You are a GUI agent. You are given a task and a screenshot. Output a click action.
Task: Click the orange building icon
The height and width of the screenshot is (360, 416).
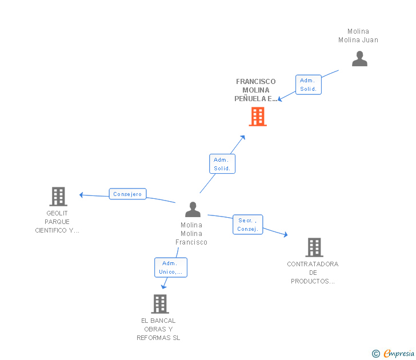click(258, 117)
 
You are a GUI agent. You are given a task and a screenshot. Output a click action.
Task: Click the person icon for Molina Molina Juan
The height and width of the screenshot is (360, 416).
click(359, 59)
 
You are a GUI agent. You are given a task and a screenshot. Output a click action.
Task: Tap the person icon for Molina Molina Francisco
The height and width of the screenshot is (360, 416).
click(193, 210)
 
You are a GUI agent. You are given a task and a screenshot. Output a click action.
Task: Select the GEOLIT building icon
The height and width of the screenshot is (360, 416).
click(58, 196)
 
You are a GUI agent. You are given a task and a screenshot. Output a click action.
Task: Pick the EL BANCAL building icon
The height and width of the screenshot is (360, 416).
click(160, 303)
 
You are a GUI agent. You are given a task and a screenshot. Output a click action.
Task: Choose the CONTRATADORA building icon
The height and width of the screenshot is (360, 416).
click(314, 247)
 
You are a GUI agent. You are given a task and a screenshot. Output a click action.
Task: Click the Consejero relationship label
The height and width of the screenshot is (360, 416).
click(127, 194)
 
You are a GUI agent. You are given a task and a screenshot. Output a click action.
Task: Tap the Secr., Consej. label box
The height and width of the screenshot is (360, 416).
click(248, 225)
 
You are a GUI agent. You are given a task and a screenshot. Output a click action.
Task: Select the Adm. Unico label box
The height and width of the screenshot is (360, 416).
click(170, 267)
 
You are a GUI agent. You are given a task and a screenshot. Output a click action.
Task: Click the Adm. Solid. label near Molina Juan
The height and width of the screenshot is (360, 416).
click(309, 85)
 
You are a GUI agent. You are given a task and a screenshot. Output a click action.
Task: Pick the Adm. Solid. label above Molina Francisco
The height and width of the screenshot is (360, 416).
click(222, 164)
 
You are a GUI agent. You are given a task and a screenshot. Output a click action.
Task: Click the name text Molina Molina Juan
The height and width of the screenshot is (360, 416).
click(358, 36)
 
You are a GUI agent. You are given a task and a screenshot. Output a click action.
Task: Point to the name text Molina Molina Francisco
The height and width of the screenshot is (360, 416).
click(191, 233)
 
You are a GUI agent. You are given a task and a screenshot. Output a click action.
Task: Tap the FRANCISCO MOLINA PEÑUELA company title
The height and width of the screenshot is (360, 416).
click(255, 90)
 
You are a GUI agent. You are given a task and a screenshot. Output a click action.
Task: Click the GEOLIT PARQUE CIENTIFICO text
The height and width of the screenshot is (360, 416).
click(57, 222)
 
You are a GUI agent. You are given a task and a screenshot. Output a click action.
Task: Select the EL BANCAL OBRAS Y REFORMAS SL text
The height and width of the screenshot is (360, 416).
click(158, 329)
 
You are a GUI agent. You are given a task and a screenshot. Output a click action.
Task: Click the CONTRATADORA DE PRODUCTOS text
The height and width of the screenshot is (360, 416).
click(313, 273)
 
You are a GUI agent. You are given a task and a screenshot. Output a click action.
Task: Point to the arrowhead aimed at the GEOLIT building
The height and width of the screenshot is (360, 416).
click(81, 195)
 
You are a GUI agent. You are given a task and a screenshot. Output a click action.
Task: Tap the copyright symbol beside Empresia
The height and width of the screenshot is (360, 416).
click(376, 354)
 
